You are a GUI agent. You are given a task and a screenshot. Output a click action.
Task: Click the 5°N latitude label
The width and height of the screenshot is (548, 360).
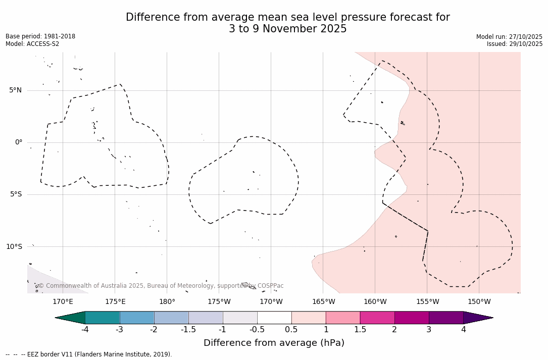pos(15,90)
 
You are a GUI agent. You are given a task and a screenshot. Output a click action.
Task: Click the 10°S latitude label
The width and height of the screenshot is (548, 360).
pos(14,247)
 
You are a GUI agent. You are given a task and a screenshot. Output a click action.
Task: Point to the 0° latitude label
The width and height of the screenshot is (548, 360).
pos(19,142)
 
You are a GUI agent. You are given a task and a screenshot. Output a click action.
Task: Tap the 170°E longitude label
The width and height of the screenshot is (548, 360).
pos(63,302)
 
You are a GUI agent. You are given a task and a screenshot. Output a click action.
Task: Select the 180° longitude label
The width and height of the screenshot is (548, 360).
pos(167,302)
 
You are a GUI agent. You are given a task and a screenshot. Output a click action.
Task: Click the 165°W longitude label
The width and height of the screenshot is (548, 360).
pos(323,302)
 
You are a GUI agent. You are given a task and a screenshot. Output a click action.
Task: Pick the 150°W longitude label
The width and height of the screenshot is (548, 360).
pos(479,302)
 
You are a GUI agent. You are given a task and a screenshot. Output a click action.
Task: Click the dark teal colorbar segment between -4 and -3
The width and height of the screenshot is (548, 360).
pos(103,318)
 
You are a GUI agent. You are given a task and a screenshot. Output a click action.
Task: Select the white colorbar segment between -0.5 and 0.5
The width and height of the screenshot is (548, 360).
pos(274,318)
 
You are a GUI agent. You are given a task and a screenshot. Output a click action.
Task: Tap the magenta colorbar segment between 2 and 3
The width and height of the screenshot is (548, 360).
pos(412,318)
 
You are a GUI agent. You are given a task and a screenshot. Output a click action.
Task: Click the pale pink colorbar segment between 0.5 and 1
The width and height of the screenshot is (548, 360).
pos(309,318)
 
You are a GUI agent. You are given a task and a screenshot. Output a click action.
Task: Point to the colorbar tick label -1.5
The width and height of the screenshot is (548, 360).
pos(188,330)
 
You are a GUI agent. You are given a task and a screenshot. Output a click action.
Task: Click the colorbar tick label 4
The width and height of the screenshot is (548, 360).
pos(463,330)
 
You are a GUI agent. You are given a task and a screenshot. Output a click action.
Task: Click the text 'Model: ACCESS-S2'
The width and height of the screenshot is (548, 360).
pos(32,44)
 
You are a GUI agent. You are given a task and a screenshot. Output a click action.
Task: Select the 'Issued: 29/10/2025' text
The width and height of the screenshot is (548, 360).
pos(515,44)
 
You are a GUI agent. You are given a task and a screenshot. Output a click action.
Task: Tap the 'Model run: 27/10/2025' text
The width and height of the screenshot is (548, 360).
pos(509,37)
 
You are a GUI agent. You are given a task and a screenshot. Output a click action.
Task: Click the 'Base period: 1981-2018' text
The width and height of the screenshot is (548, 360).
pos(40,36)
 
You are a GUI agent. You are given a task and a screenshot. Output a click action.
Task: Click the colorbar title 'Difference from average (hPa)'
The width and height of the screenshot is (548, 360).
pos(274,343)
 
